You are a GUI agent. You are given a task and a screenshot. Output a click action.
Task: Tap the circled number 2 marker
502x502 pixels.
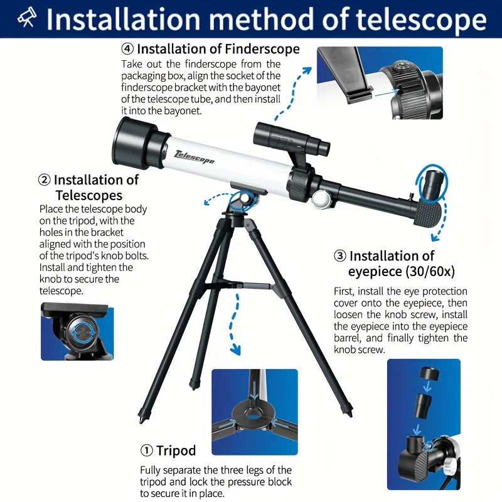point(45,180)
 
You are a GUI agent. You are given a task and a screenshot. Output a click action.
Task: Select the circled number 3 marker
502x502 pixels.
point(340,256)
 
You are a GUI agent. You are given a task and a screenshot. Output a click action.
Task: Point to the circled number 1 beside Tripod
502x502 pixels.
point(146,451)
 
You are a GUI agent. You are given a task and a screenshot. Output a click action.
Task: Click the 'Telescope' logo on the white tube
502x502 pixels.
point(195,156)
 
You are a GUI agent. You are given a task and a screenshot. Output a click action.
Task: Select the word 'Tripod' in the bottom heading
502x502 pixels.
point(176,451)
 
